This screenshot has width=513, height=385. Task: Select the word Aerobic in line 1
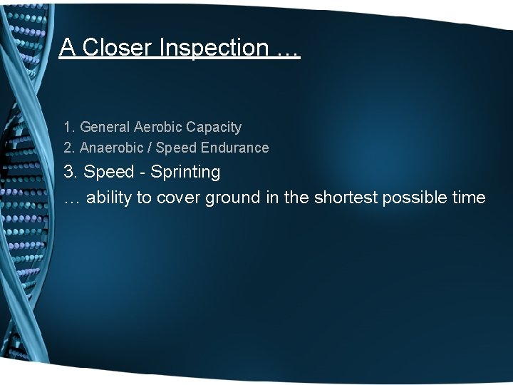[157, 128]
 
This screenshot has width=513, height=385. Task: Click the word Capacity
[214, 128]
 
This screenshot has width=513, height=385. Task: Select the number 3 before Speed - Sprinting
[68, 173]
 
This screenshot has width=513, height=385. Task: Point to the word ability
[111, 197]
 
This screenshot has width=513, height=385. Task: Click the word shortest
[344, 197]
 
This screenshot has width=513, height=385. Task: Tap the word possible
[413, 197]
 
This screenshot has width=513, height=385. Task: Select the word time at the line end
[468, 197]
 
